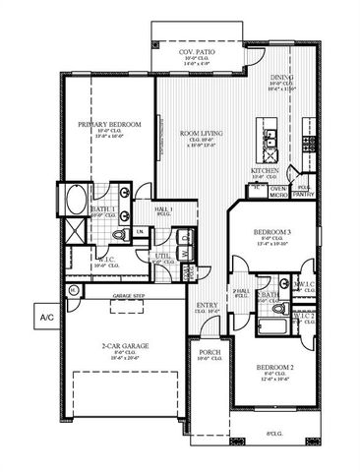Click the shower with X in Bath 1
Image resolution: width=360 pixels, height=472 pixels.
74,233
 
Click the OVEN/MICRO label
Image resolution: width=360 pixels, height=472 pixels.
278,191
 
